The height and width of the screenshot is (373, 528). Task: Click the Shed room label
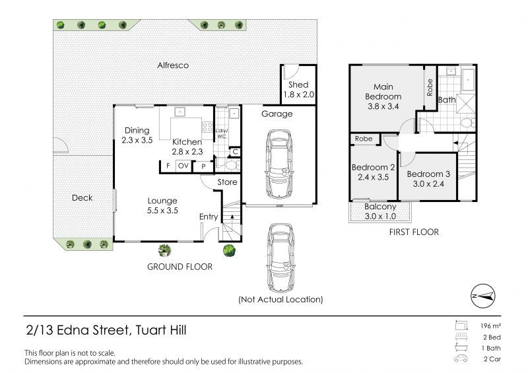298,85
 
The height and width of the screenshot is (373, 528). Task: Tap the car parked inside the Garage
280,165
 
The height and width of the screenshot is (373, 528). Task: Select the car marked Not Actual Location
280,257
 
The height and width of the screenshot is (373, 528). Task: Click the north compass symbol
483,296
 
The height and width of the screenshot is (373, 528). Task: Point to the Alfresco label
173,65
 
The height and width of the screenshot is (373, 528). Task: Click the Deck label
82,198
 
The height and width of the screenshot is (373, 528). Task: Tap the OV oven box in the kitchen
183,166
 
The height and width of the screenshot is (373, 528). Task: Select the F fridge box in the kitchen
168,166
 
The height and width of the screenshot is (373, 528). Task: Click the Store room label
227,182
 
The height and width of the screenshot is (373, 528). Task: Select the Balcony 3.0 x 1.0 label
380,212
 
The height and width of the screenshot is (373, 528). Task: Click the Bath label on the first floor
447,100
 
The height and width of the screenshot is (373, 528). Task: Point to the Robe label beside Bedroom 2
364,139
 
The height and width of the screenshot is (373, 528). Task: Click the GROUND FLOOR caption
180,267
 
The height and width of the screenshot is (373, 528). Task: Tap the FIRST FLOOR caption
414,232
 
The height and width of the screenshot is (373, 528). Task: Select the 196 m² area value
490,326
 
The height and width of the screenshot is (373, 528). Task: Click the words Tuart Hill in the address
160,330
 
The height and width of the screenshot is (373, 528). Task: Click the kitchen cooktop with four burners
207,127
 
